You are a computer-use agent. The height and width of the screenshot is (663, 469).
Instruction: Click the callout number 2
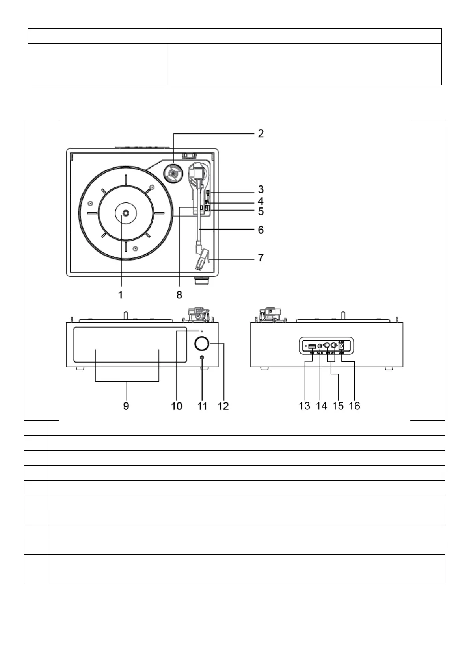click(x=261, y=134)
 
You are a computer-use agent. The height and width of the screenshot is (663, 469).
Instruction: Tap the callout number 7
click(x=261, y=258)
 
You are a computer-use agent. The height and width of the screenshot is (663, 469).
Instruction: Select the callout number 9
click(x=126, y=406)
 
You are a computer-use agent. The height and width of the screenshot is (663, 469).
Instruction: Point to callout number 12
click(x=223, y=406)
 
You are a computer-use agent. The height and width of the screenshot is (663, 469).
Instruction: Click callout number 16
click(x=354, y=406)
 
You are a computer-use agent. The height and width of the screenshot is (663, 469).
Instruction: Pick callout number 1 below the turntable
click(x=121, y=294)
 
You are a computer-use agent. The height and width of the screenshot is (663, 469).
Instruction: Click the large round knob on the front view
click(x=202, y=344)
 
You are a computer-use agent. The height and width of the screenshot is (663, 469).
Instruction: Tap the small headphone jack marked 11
click(x=202, y=358)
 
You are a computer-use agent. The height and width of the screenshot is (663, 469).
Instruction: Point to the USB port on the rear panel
click(x=311, y=346)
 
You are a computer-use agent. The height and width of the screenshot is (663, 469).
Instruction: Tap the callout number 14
click(x=322, y=406)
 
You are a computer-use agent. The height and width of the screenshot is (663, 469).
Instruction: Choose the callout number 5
click(x=261, y=212)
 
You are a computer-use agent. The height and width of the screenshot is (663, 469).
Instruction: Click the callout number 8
click(x=179, y=294)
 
